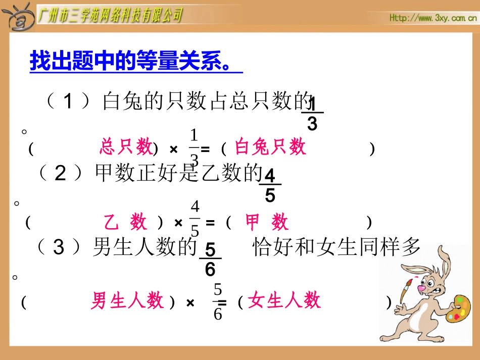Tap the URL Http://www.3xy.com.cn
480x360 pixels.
pyautogui.click(x=433, y=18)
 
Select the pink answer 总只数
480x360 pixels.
pyautogui.click(x=126, y=147)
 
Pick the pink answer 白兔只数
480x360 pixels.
pyautogui.click(x=271, y=147)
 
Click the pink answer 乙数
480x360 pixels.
pyautogui.click(x=126, y=222)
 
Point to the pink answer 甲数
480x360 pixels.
pyautogui.click(x=266, y=222)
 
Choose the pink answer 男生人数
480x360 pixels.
pyautogui.click(x=128, y=301)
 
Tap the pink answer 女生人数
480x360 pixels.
pyautogui.click(x=284, y=301)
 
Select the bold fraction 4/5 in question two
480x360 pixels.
pyautogui.click(x=270, y=186)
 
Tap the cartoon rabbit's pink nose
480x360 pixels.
pyautogui.click(x=422, y=288)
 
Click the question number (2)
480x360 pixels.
pyautogui.click(x=60, y=174)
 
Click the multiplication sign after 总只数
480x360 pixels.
pyautogui.click(x=174, y=149)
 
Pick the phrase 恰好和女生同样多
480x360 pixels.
pyautogui.click(x=336, y=248)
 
